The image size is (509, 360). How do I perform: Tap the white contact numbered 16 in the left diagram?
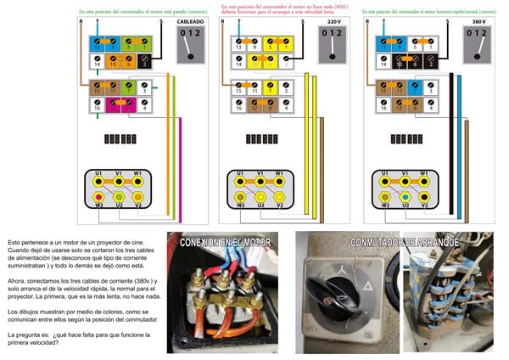(98, 108)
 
